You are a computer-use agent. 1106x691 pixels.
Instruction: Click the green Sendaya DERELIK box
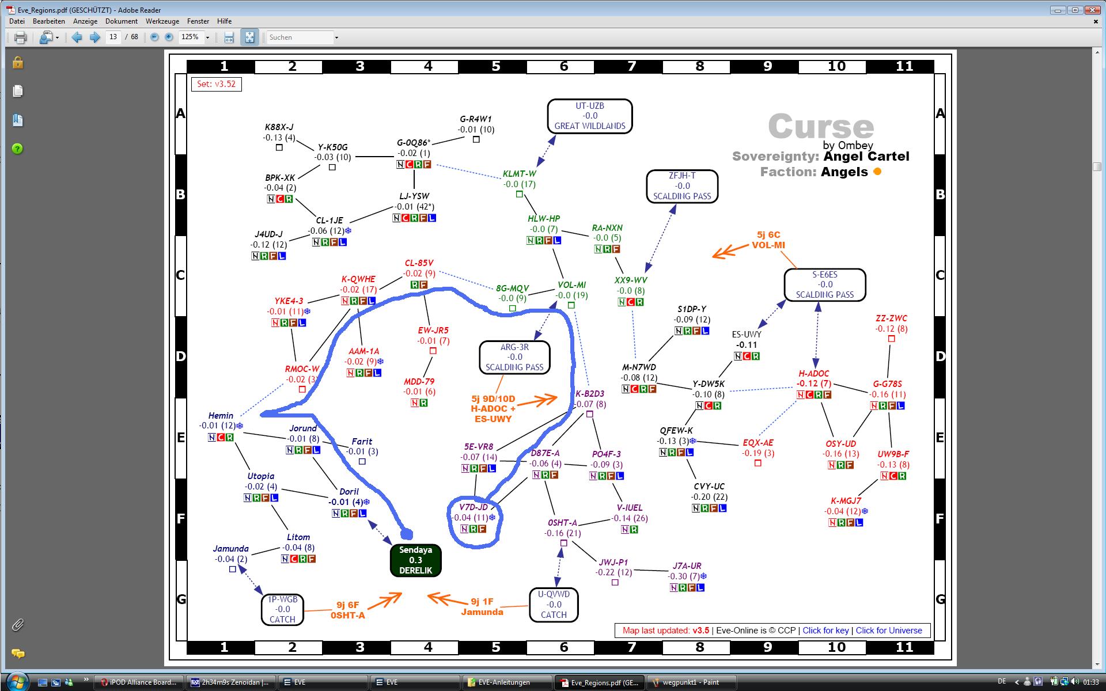(x=415, y=560)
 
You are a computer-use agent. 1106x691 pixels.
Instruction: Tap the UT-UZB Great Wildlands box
(x=590, y=116)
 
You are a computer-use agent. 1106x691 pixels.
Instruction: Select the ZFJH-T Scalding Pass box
(x=682, y=186)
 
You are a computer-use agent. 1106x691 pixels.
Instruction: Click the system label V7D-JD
(x=474, y=507)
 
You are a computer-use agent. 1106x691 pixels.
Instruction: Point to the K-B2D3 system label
(x=590, y=394)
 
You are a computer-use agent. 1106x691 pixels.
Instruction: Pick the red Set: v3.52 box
(x=216, y=84)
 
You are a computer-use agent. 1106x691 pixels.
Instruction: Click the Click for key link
(x=825, y=631)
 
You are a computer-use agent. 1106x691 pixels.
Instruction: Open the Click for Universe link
(x=889, y=631)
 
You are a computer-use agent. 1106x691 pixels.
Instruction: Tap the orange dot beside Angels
(x=877, y=172)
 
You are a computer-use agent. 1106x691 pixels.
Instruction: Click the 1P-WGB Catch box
(x=282, y=609)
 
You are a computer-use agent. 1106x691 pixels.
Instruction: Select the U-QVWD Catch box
(x=554, y=605)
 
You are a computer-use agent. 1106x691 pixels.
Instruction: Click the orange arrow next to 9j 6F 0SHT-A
(x=384, y=601)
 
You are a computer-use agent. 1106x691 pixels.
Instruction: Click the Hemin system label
(x=221, y=416)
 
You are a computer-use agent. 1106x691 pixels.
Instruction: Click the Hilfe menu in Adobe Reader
(x=224, y=21)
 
